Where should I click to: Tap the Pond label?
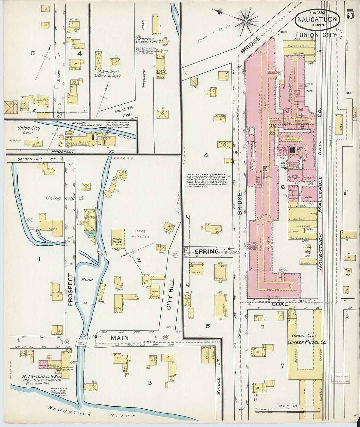click(x=87, y=280)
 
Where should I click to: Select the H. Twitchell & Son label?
click(x=43, y=376)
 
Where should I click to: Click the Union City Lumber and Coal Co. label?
click(x=307, y=339)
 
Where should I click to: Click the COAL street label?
click(x=280, y=304)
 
